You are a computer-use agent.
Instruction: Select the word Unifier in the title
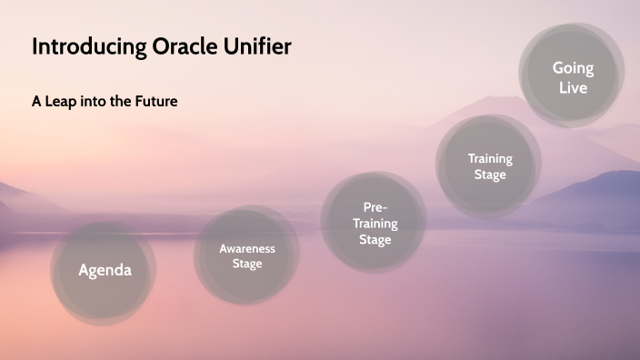point(256,47)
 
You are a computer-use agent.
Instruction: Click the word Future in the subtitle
point(154,101)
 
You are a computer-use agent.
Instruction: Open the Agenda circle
point(105,270)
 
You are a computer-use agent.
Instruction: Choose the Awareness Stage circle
point(246,255)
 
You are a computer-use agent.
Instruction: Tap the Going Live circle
point(573,77)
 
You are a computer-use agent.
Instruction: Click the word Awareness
point(246,248)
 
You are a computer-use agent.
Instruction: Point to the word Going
point(573,68)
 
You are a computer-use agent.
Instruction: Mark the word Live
point(573,88)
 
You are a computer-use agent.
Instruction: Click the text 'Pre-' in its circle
point(375,207)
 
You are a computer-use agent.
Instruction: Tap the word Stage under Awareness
point(246,264)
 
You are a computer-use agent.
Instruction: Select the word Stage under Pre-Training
point(375,240)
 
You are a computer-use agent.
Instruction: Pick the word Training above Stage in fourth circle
point(490,158)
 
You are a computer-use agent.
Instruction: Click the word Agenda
point(105,270)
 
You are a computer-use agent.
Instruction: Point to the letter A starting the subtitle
point(37,101)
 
